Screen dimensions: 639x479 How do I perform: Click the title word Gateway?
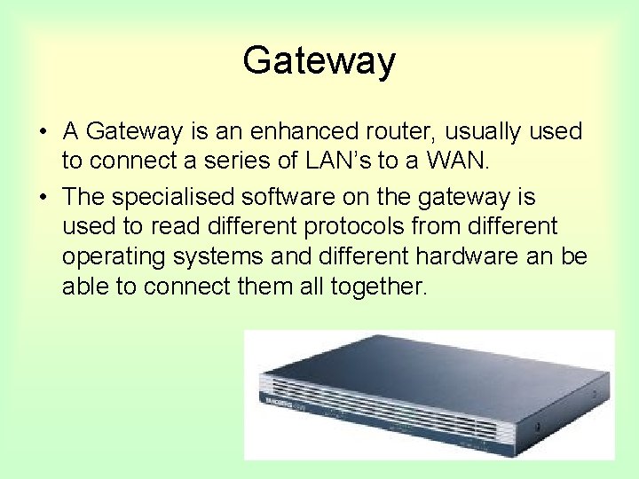[x=319, y=61]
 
